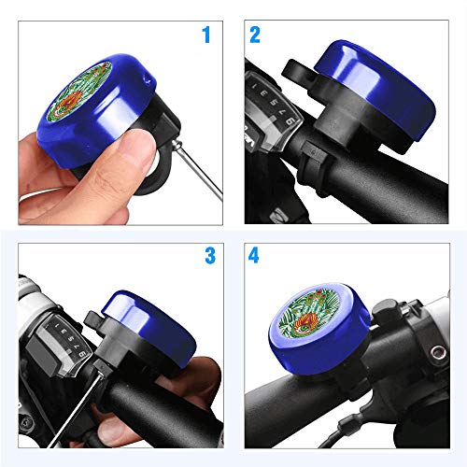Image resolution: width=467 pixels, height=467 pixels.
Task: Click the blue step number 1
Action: pyautogui.click(x=206, y=35)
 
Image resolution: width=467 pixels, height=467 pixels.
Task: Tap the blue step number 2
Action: pyautogui.click(x=255, y=35)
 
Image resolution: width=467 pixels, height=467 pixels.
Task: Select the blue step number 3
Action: pyautogui.click(x=210, y=256)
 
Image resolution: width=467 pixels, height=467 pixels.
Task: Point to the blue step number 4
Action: pyautogui.click(x=253, y=256)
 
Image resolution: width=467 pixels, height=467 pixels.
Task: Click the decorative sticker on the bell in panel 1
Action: pyautogui.click(x=79, y=91)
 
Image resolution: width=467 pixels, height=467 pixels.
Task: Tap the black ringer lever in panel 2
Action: pyautogui.click(x=297, y=73)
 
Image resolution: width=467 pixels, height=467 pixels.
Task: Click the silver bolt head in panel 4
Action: pyautogui.click(x=438, y=352)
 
